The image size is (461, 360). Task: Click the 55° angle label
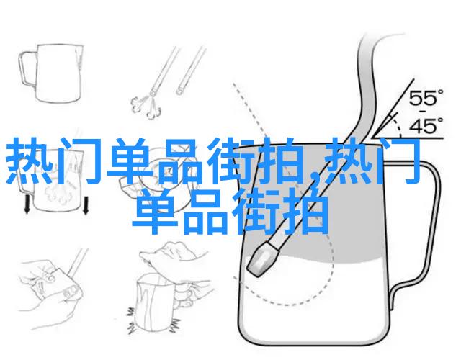click(426, 98)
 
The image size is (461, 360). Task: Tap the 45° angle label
click(426, 126)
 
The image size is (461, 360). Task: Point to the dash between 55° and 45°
click(423, 112)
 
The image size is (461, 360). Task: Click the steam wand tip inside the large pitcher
click(262, 260)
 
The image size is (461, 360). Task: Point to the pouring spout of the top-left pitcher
click(79, 56)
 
